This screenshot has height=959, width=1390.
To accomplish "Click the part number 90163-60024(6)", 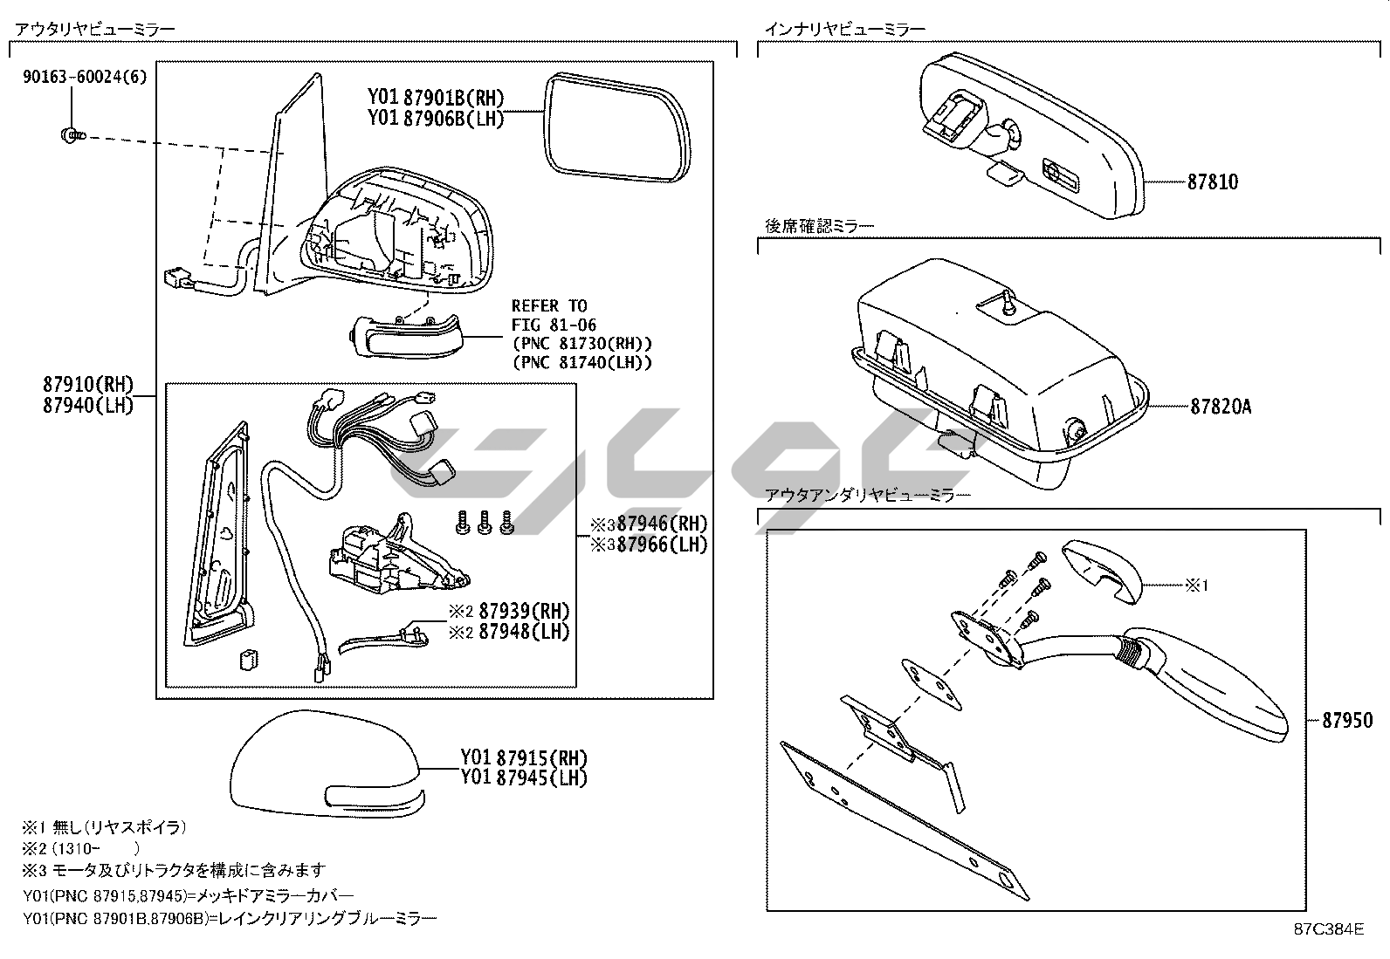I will [85, 77].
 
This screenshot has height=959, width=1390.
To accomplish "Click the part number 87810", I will [1212, 182].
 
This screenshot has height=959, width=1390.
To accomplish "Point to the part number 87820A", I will [1220, 406].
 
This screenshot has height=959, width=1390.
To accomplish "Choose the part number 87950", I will [1347, 721].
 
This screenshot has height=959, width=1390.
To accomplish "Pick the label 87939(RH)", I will [523, 611].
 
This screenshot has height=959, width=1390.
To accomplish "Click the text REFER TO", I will [549, 306].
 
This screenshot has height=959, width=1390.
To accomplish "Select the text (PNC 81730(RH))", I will [581, 344].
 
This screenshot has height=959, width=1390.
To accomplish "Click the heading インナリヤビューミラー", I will [844, 29].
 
